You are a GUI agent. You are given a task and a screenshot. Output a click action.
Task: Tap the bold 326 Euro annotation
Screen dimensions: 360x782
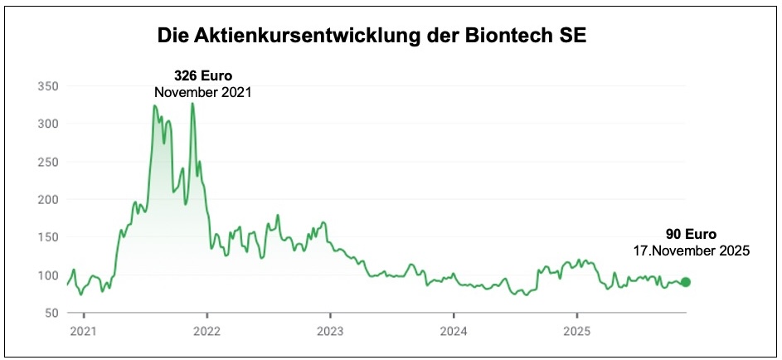(203, 76)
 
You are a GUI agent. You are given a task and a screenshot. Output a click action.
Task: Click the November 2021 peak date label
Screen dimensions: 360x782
(203, 92)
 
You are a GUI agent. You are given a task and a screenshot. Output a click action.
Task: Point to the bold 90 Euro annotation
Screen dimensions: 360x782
(691, 234)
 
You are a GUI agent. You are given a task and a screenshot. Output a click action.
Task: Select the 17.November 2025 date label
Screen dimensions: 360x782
(691, 250)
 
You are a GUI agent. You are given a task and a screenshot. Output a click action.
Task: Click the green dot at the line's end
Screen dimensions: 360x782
(685, 282)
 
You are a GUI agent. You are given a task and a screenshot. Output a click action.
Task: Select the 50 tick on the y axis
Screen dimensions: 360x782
(50, 313)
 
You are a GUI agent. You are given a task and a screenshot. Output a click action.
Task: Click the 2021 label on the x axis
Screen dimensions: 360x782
(84, 332)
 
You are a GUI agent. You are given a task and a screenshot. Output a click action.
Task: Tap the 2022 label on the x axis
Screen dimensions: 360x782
(207, 332)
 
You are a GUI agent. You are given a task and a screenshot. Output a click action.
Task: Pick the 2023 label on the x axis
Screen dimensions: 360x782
(330, 332)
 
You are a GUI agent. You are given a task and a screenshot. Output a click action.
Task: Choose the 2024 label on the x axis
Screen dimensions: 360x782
(454, 332)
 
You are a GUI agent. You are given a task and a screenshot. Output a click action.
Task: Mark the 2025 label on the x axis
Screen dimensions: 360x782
(577, 332)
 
